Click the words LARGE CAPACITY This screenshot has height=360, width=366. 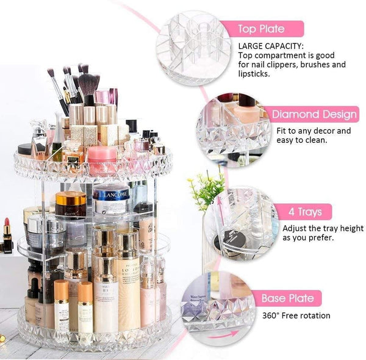[270, 46]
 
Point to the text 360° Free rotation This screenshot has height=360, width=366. [296, 315]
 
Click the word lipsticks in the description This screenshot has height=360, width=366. [255, 74]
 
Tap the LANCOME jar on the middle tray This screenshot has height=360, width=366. [111, 199]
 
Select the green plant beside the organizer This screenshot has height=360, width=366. [206, 190]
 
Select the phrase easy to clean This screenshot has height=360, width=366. [303, 140]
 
